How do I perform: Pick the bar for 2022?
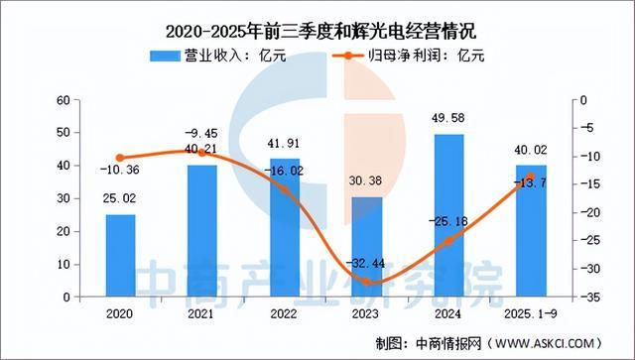pyautogui.click(x=285, y=227)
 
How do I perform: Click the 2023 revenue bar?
pyautogui.click(x=367, y=247)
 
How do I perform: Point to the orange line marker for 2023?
pyautogui.click(x=367, y=282)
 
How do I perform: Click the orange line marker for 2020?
pyautogui.click(x=120, y=158)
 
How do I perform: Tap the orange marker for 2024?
pyautogui.click(x=448, y=241)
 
